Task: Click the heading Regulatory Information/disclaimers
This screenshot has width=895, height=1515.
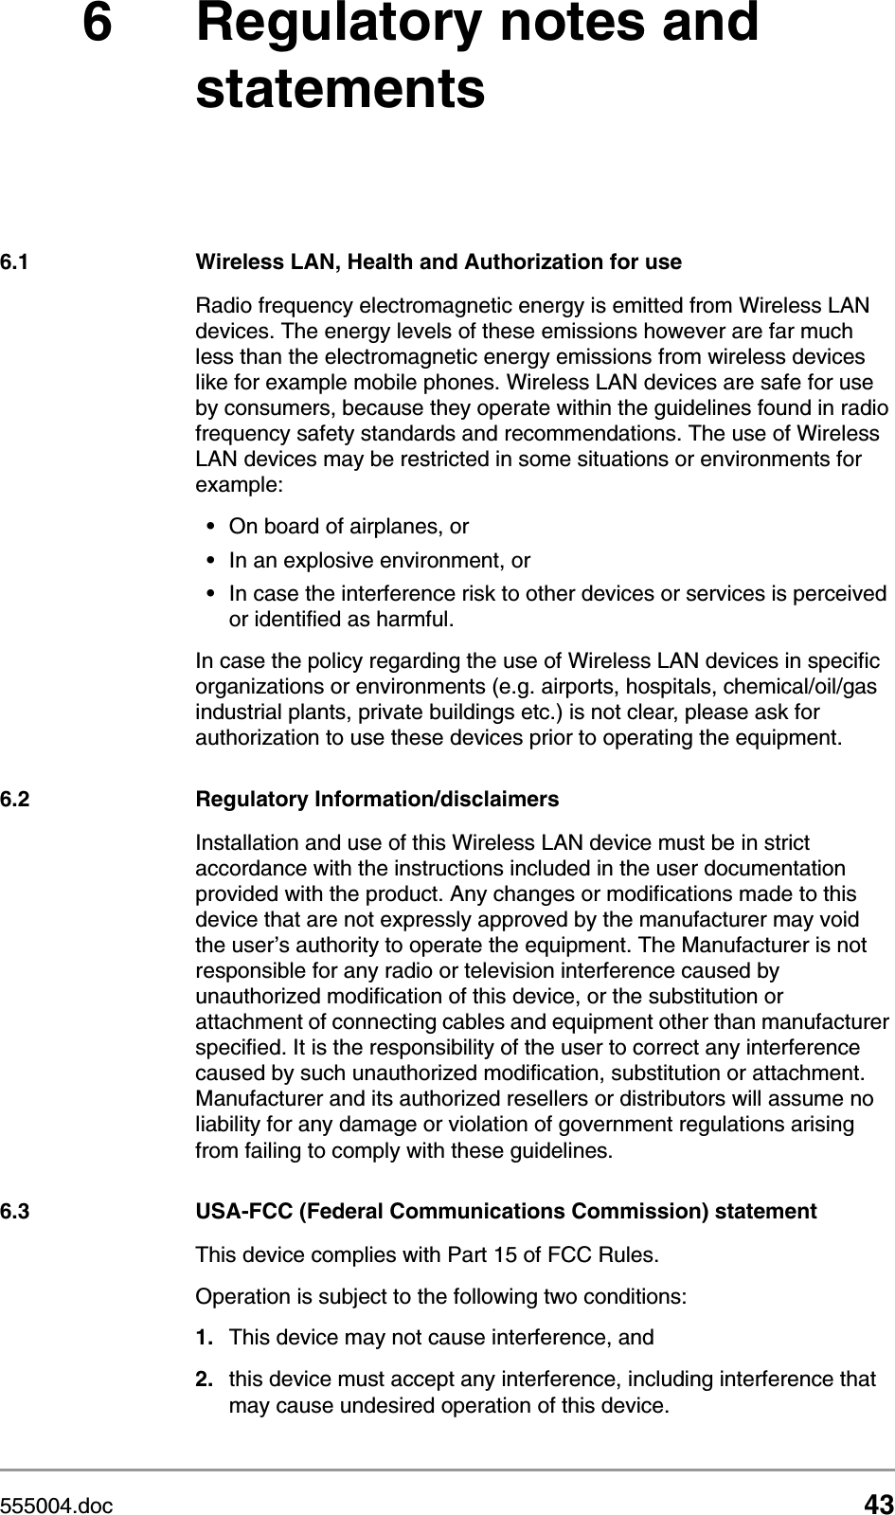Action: [377, 800]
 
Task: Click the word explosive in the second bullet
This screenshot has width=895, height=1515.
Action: [326, 561]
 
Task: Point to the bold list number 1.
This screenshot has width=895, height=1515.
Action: [203, 1339]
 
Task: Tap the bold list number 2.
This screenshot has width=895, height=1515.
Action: [203, 1380]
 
